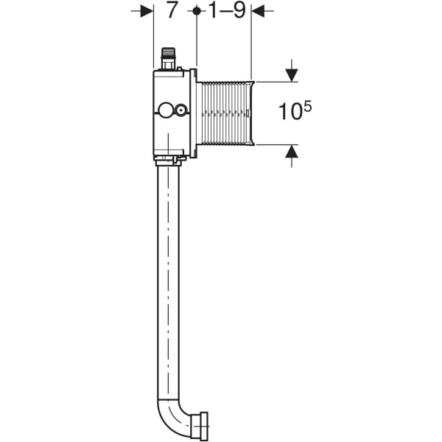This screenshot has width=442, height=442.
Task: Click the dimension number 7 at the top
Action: pos(172,11)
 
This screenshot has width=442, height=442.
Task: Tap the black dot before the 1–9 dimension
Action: pos(197,11)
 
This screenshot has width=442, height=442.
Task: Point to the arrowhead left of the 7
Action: pos(147,11)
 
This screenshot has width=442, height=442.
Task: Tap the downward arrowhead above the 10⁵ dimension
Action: pos(292,75)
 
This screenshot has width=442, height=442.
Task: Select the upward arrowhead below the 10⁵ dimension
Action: pos(292,151)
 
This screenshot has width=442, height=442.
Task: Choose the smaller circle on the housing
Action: pos(179,112)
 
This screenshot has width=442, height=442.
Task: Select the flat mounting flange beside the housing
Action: pos(194,113)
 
